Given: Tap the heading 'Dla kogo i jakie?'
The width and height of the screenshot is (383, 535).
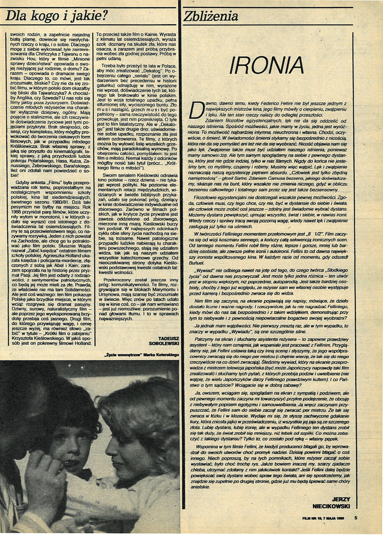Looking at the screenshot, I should tap(56, 17).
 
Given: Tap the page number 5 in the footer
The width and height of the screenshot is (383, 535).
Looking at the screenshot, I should tap(355, 518).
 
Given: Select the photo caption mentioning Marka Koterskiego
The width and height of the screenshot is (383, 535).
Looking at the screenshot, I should tap(139, 354).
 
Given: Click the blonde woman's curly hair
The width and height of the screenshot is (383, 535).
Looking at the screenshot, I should tap(143, 404).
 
